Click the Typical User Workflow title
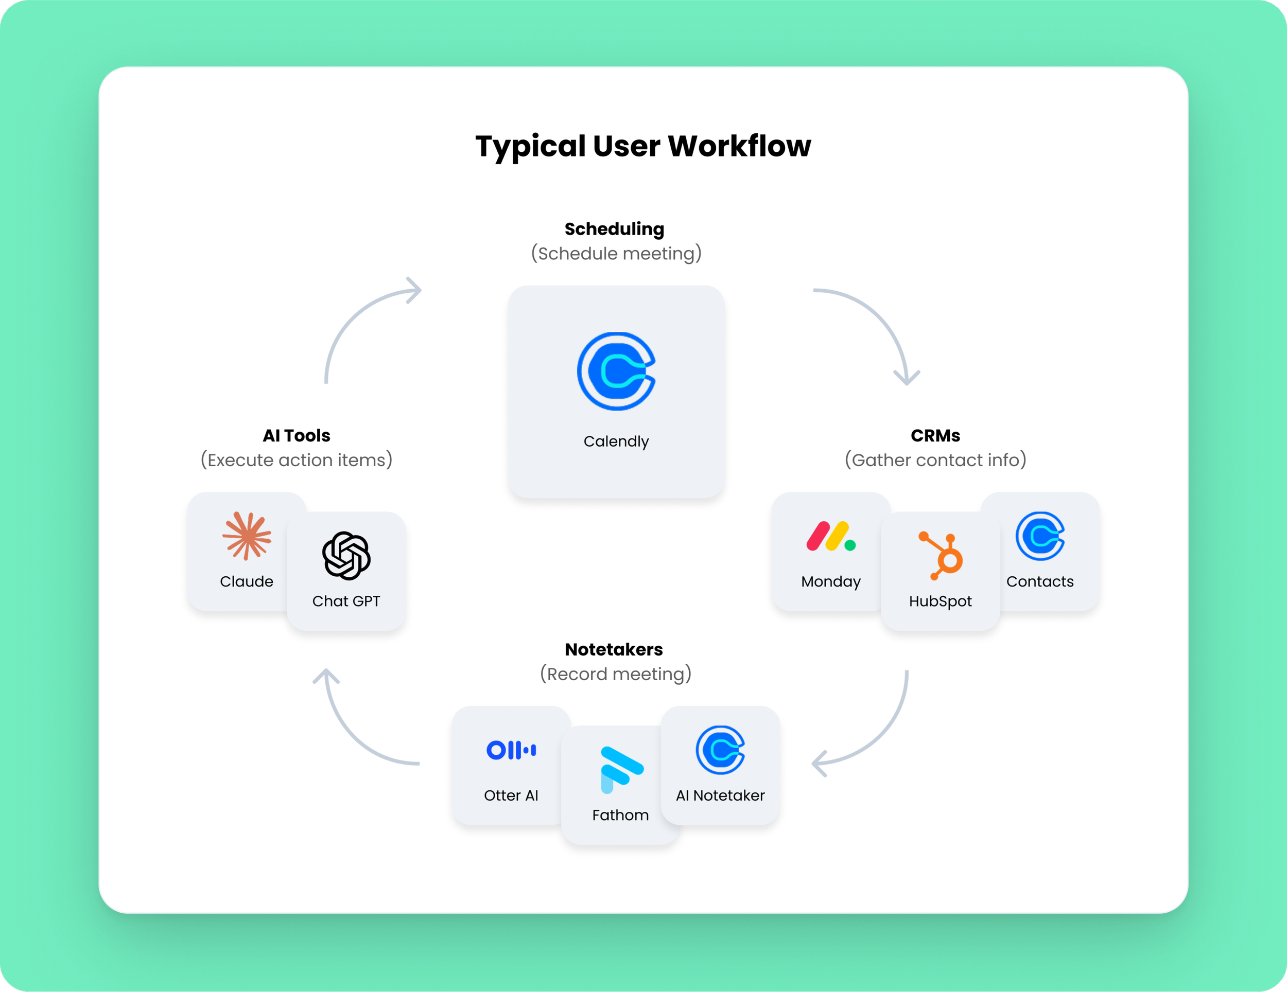(643, 146)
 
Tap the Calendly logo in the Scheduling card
(616, 371)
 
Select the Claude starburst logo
(247, 536)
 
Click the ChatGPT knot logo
(346, 556)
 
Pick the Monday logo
(831, 536)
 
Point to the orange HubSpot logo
(941, 556)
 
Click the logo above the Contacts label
(1040, 536)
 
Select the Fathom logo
(622, 770)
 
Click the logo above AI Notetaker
(720, 750)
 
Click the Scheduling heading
(615, 229)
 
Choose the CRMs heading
(935, 435)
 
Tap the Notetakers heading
(614, 649)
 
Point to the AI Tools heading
(297, 435)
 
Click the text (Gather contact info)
(936, 460)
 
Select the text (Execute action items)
(297, 460)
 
